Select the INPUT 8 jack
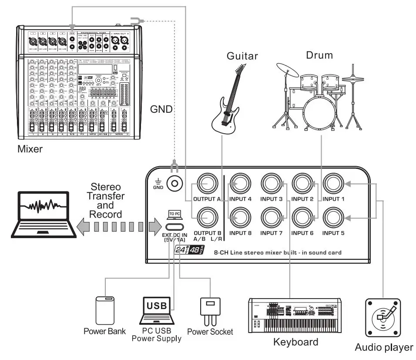tap(240, 217)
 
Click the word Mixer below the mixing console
tap(30, 149)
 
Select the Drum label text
tap(319, 55)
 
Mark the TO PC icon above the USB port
tap(174, 214)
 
